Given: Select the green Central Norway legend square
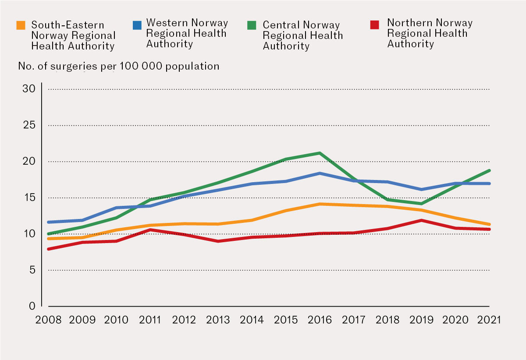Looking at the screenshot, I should point(252,25).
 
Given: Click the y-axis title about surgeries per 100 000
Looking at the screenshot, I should point(118,66).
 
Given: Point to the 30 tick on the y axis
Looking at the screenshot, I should point(28,89).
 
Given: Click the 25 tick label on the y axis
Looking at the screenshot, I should point(28,125).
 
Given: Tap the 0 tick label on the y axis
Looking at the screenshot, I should point(32,306).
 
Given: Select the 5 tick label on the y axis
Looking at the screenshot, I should point(32,270).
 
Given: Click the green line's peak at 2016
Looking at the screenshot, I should point(320,153).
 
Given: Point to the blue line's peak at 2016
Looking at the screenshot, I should point(320,173).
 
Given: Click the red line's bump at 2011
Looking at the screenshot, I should point(150,229).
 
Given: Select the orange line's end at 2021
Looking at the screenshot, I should point(489,224).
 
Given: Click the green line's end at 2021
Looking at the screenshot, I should point(489,170).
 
